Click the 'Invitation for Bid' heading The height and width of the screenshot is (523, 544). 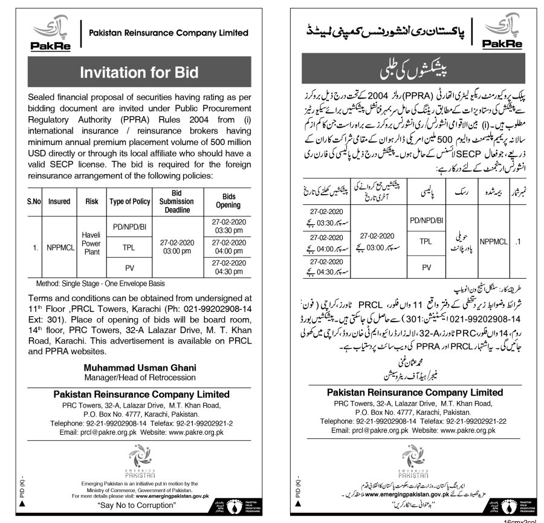point(140,73)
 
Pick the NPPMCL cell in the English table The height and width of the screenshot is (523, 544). point(59,247)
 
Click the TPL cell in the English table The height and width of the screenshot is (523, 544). point(128,247)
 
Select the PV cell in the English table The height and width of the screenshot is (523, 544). point(128,268)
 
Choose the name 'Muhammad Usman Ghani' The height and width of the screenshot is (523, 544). point(140,367)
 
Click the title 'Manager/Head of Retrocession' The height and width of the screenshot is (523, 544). point(140,377)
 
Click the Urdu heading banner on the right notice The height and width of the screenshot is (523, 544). point(404,73)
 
